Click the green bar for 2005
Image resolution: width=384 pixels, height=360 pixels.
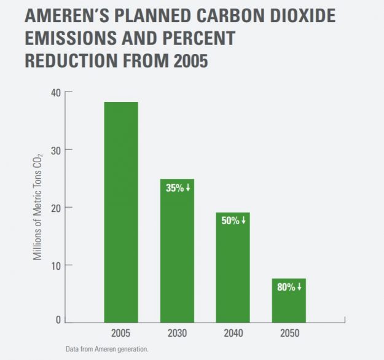click(121, 211)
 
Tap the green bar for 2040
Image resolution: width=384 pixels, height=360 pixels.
click(233, 267)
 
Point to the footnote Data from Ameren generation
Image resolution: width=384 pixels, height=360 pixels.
click(107, 349)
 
